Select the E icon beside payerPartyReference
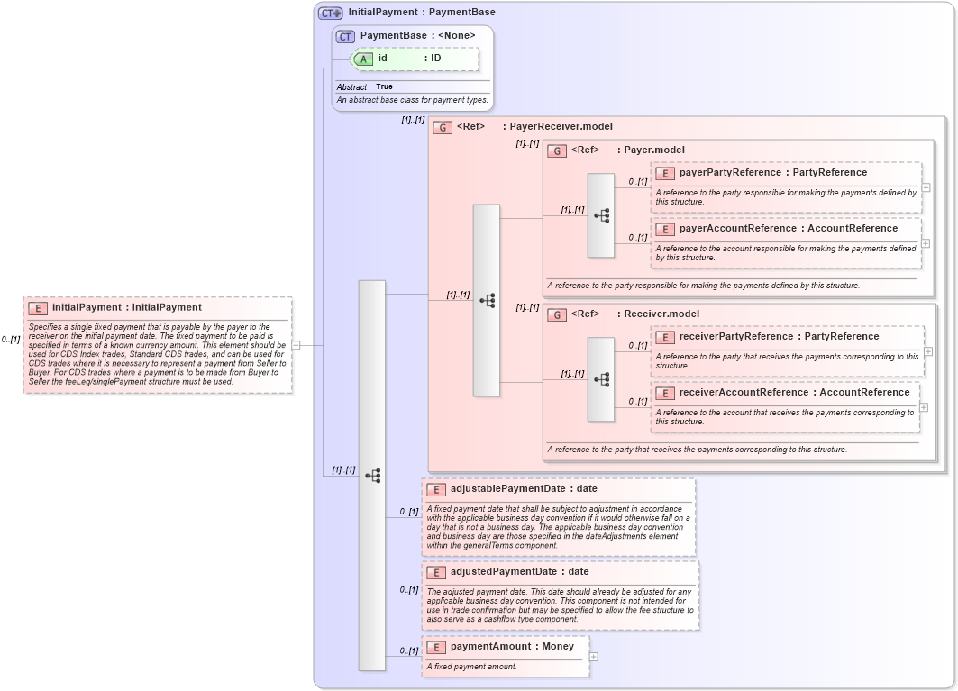pyautogui.click(x=665, y=173)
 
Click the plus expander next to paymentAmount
pyautogui.click(x=593, y=657)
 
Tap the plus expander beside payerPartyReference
pyautogui.click(x=926, y=187)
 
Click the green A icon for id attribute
pyautogui.click(x=363, y=59)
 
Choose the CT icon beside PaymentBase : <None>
pyautogui.click(x=345, y=36)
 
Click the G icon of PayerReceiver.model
pyautogui.click(x=443, y=127)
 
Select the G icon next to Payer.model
pyautogui.click(x=557, y=150)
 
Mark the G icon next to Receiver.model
pyautogui.click(x=557, y=314)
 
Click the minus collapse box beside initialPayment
pyautogui.click(x=296, y=344)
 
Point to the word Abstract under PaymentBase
pyautogui.click(x=351, y=86)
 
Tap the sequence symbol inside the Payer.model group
pyautogui.click(x=601, y=215)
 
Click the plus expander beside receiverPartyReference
pyautogui.click(x=928, y=351)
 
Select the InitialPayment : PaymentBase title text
pyautogui.click(x=422, y=13)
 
